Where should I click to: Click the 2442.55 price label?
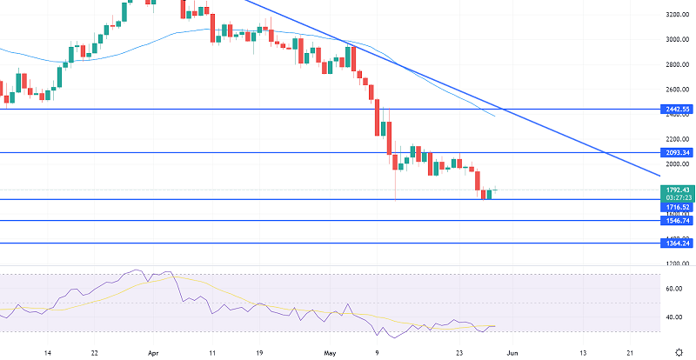click(677, 109)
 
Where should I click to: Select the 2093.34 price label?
click(677, 152)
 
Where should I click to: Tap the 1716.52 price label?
click(677, 207)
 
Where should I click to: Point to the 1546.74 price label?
click(677, 221)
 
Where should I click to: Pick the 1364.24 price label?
click(677, 243)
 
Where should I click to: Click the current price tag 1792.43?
click(677, 190)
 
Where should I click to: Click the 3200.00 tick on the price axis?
click(677, 15)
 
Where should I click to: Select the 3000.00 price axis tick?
click(677, 39)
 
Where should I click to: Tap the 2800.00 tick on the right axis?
click(677, 64)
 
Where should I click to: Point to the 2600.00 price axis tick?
click(677, 90)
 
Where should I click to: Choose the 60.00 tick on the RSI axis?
click(673, 289)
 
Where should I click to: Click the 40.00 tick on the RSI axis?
click(673, 317)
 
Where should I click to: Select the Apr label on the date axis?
click(155, 354)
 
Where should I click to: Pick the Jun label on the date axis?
click(512, 354)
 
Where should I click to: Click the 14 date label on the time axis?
click(48, 354)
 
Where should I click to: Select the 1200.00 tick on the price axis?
click(677, 263)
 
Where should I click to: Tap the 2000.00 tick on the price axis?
click(677, 164)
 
